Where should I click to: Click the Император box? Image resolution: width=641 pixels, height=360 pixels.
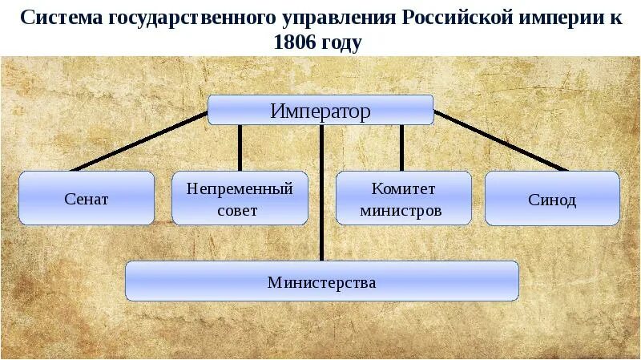320,110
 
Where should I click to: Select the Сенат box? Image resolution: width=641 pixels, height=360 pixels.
86,197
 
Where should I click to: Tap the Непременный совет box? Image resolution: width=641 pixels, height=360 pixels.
240,197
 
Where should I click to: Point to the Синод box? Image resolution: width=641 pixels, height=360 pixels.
552,197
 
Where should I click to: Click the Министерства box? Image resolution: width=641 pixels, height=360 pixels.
321,281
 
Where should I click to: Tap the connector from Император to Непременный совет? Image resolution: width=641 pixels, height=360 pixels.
240,148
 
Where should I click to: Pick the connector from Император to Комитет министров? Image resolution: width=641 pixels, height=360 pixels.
401,148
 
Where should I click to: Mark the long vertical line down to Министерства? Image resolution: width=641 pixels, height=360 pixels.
321,192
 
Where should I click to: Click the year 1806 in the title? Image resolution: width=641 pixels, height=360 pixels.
296,42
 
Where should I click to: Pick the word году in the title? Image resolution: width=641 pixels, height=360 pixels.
344,42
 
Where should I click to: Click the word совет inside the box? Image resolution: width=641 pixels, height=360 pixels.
238,211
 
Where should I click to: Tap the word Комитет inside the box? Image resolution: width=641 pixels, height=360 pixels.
403,189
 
